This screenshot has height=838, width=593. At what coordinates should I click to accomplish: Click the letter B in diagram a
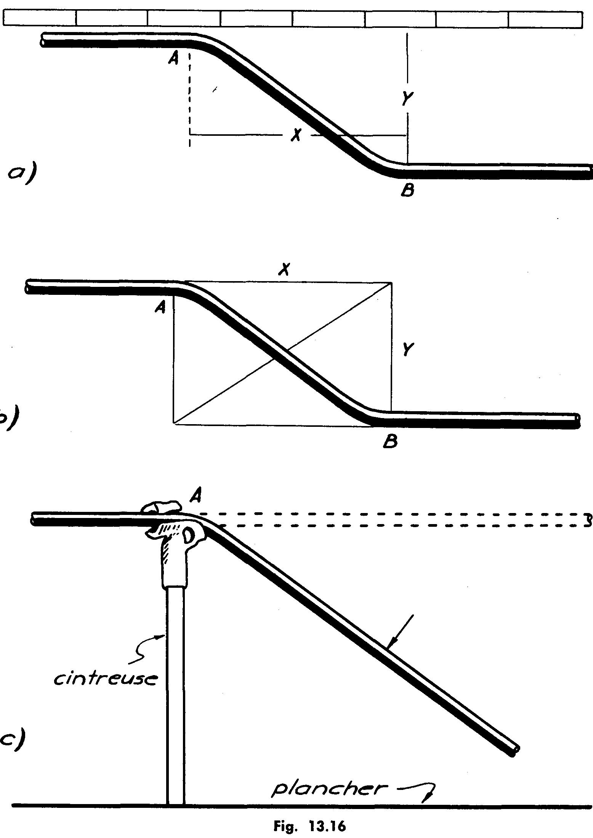(407, 190)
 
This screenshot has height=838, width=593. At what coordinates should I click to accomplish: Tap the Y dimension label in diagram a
(407, 99)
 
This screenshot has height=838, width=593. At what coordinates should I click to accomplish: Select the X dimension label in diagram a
(295, 134)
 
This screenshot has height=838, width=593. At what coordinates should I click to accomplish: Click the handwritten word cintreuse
(106, 656)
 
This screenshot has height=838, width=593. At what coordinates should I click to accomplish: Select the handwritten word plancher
(327, 790)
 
